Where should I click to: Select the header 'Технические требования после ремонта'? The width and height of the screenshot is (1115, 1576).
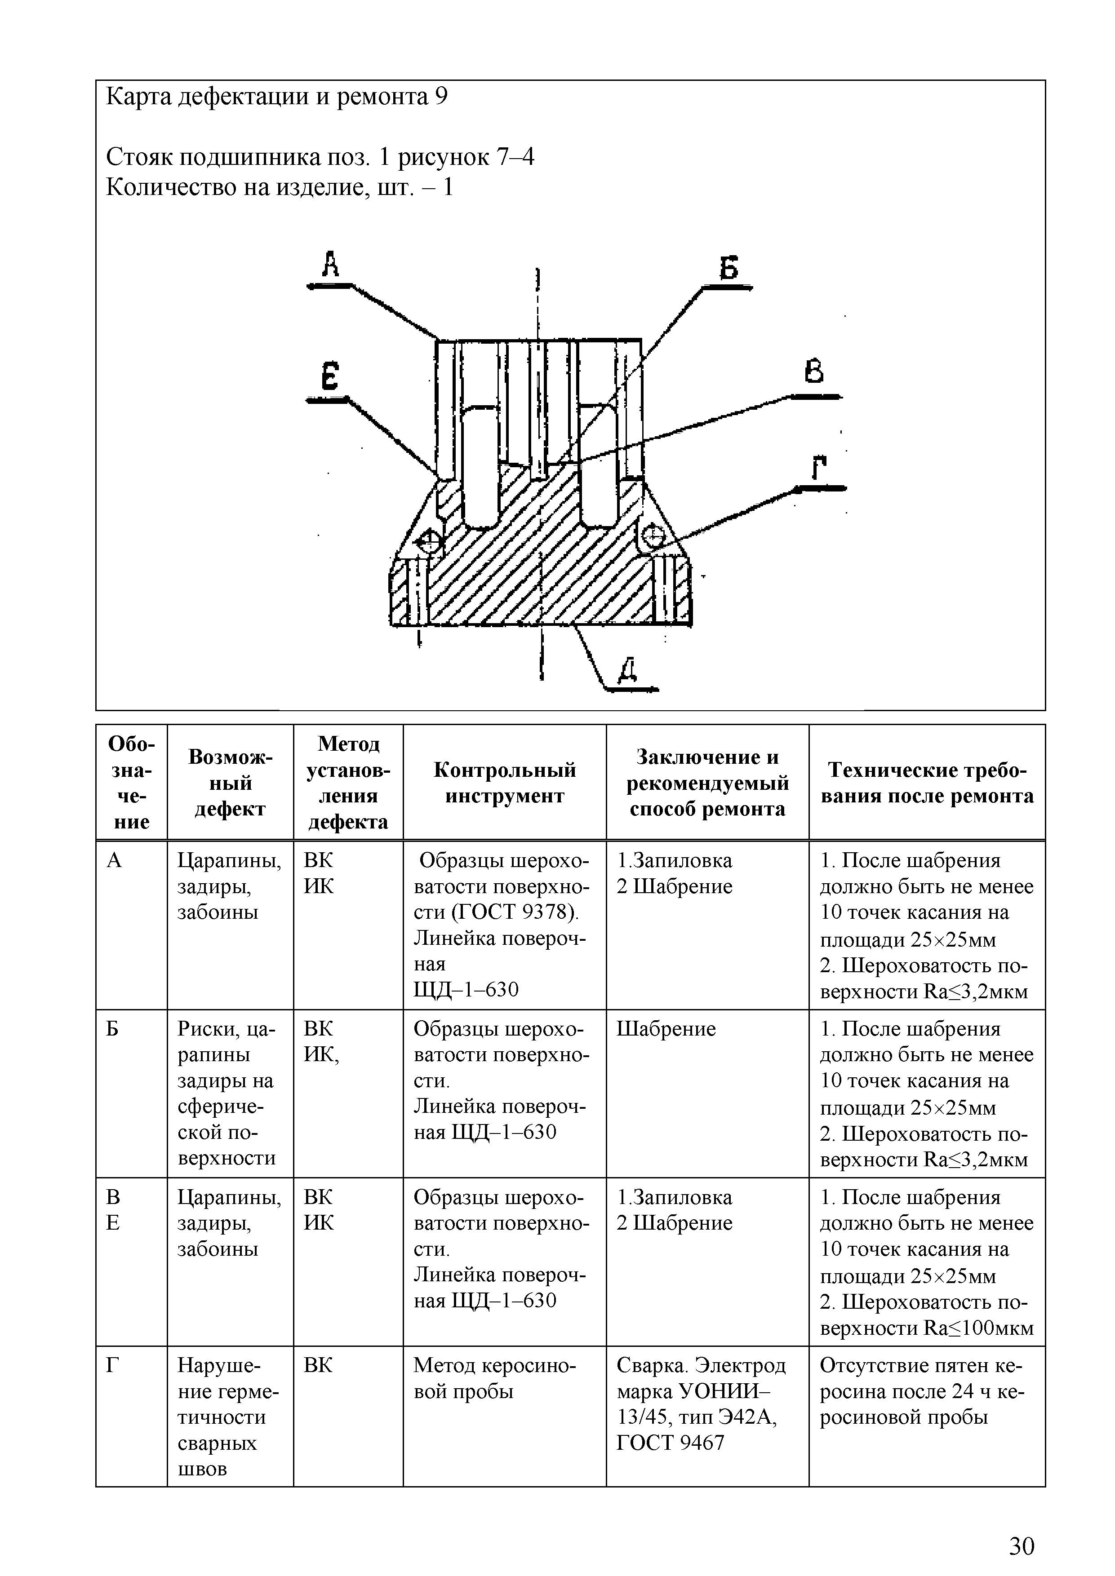point(927,783)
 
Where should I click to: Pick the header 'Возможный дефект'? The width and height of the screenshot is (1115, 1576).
point(230,783)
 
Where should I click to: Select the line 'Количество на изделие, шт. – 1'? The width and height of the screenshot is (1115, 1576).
point(280,187)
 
